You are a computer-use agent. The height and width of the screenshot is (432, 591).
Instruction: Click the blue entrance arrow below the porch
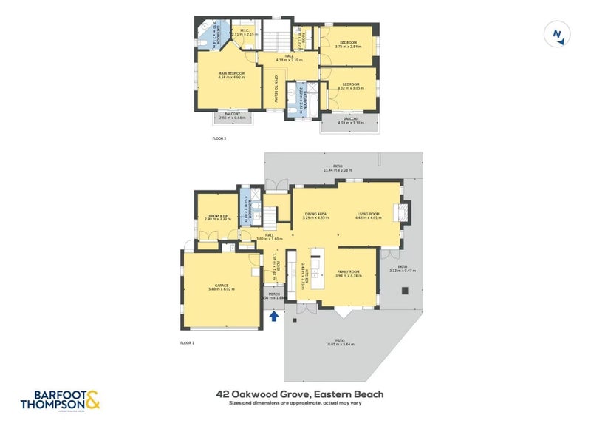pyautogui.click(x=274, y=316)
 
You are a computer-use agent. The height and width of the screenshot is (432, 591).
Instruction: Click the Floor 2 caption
pyautogui.click(x=219, y=138)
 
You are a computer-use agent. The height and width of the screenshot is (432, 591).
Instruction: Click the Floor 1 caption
pyautogui.click(x=188, y=343)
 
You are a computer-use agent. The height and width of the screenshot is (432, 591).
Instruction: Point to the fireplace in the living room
pyautogui.click(x=400, y=214)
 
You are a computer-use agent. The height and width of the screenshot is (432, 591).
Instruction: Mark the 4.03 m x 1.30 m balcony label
pyautogui.click(x=351, y=121)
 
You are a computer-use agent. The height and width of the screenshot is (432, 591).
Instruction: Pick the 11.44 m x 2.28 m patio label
pyautogui.click(x=337, y=169)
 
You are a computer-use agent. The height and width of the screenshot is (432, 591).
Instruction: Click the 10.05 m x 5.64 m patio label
pyautogui.click(x=340, y=342)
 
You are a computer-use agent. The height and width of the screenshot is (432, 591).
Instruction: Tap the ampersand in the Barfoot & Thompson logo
pyautogui.click(x=92, y=400)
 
